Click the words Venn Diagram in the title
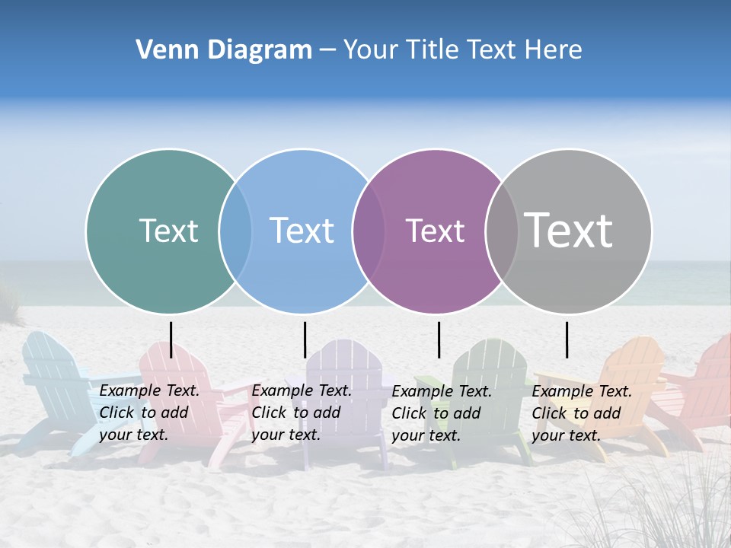tap(224, 50)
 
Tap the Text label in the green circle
tap(168, 231)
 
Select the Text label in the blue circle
tap(302, 231)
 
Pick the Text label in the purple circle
tap(435, 231)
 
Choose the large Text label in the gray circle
tap(569, 230)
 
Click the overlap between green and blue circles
tap(235, 231)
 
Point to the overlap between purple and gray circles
tap(502, 231)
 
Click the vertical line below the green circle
tap(171, 339)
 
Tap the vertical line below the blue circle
tap(305, 339)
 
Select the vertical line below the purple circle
tap(439, 339)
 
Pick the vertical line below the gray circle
tap(567, 339)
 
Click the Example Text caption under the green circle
tap(149, 413)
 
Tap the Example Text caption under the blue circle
tap(302, 413)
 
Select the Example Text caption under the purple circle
tap(442, 413)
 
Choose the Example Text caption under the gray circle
tap(582, 413)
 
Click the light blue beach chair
tap(53, 381)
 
